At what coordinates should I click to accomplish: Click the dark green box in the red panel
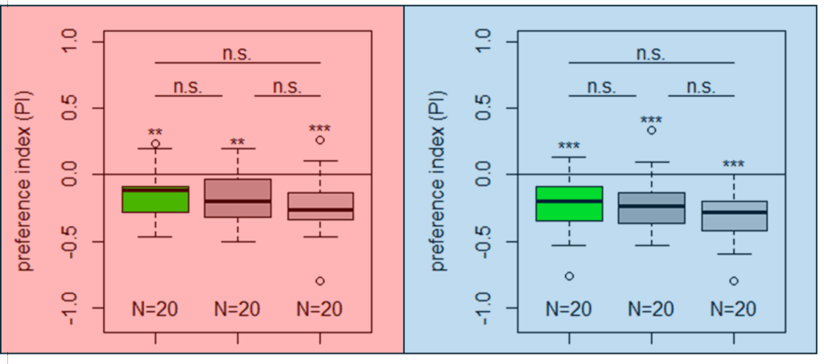point(155,199)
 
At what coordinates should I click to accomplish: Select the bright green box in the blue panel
point(569,203)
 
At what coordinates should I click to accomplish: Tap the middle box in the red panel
point(237,198)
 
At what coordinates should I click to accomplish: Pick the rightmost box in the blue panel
point(734,215)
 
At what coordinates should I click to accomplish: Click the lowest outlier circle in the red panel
point(320,280)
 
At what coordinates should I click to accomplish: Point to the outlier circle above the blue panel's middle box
point(651,130)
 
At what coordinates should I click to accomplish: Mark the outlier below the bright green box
point(569,276)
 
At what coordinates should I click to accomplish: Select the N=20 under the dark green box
point(155,309)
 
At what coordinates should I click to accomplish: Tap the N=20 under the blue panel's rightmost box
point(734,309)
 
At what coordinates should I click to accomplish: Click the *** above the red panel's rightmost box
point(320,129)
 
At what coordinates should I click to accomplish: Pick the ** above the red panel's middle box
point(237,142)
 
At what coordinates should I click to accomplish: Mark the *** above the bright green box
point(569,145)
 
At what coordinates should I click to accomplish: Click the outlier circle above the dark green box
point(155,143)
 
